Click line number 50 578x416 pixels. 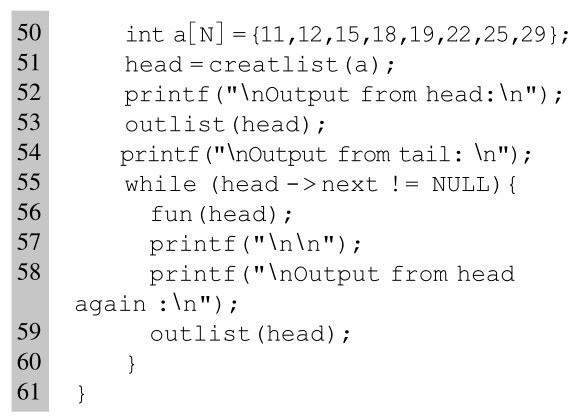(29, 32)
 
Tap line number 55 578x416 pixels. (29, 182)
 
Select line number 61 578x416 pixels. (29, 391)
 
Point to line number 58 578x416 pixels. (29, 272)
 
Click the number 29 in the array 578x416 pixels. (533, 35)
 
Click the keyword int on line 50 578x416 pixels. (144, 35)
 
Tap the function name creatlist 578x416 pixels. (274, 65)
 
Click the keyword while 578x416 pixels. (160, 184)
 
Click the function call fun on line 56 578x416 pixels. (171, 214)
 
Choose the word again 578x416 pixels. (110, 305)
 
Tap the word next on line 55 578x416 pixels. (349, 184)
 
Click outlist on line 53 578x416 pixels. (175, 125)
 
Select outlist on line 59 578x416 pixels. (200, 334)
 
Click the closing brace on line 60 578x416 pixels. (132, 364)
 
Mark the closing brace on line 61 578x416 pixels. (81, 394)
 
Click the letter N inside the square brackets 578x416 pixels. (206, 35)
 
